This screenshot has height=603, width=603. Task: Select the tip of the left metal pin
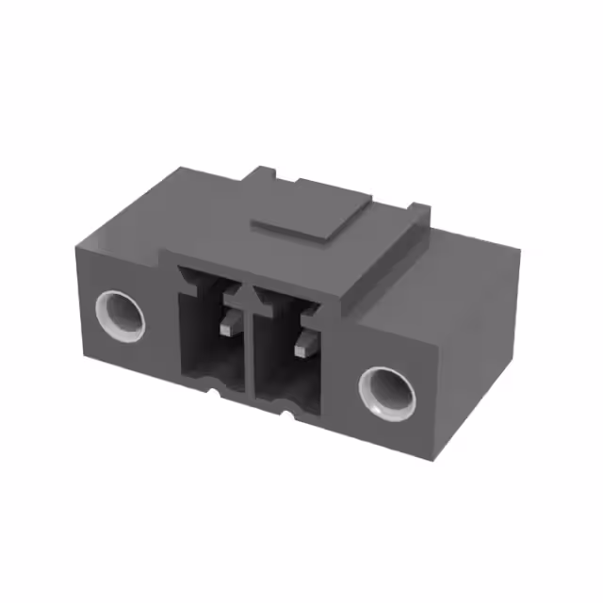(227, 329)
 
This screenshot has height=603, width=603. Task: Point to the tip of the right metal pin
(301, 350)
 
